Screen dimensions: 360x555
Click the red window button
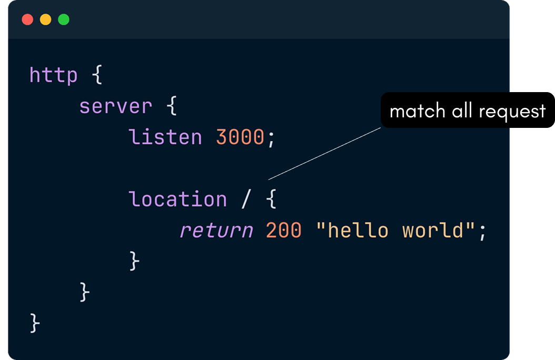click(27, 20)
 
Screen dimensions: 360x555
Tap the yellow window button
click(46, 20)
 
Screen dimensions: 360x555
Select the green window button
click(64, 20)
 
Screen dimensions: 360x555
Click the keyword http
click(53, 75)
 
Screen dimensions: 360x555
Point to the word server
click(115, 106)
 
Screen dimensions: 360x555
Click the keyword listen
click(165, 137)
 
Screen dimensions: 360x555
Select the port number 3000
click(240, 137)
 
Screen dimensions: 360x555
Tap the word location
click(177, 199)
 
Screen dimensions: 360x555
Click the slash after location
click(246, 199)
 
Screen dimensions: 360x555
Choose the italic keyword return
click(216, 231)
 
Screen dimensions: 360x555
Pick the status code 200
click(283, 231)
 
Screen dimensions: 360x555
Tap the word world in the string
click(432, 231)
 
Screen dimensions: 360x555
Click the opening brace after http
click(97, 75)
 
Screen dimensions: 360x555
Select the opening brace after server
click(172, 106)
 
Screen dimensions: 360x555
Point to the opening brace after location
click(271, 199)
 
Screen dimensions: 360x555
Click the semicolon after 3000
click(271, 138)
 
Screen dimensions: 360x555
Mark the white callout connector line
click(324, 153)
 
